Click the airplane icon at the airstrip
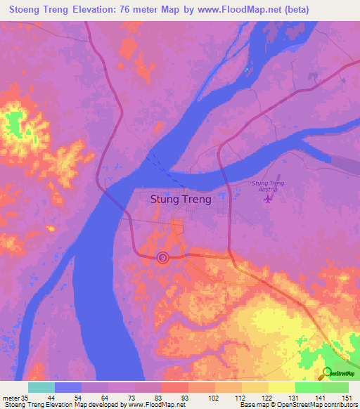[267, 198]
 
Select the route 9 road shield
[163, 259]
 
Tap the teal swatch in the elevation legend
[41, 387]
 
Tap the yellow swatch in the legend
[281, 387]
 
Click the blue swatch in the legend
[67, 387]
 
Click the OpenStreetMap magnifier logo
[326, 373]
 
